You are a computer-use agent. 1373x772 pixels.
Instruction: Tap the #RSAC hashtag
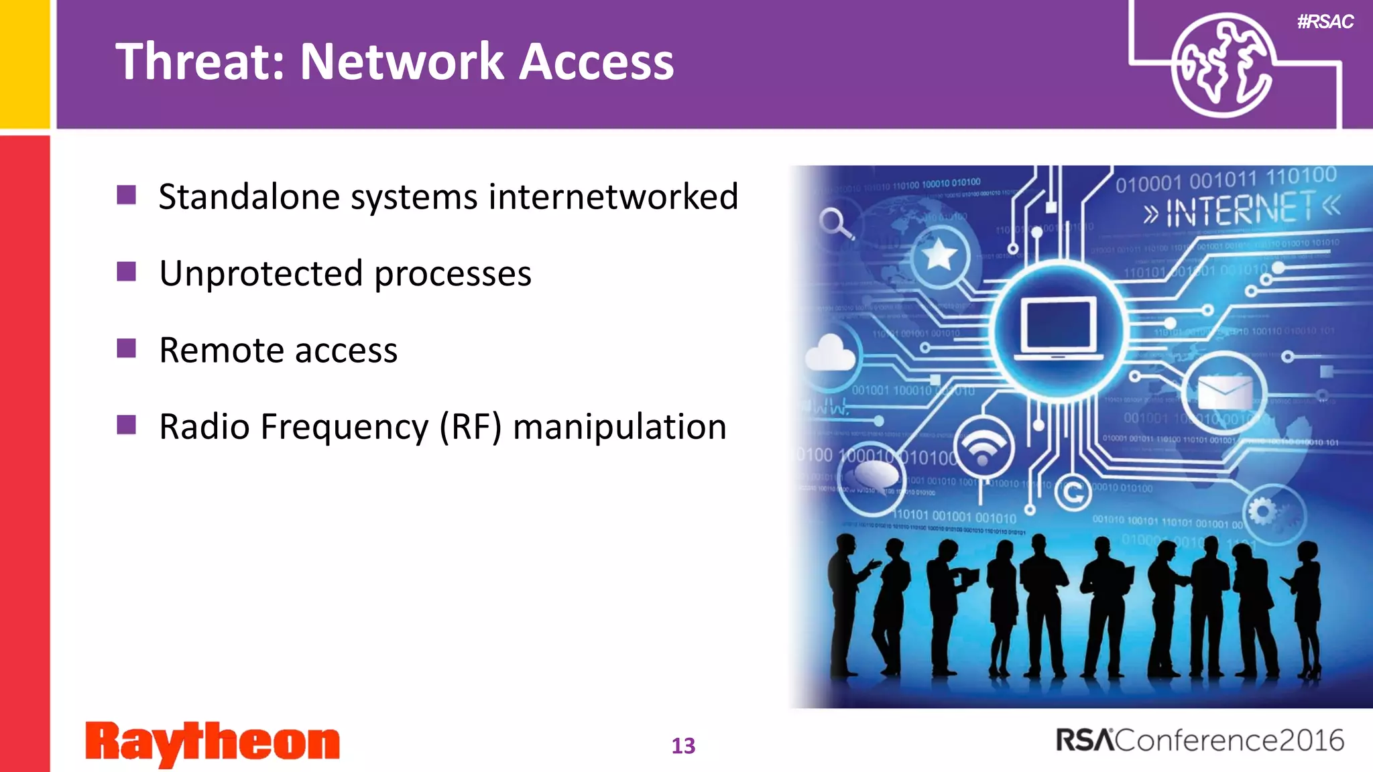pyautogui.click(x=1325, y=22)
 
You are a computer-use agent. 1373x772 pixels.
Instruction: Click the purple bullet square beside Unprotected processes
pyautogui.click(x=126, y=272)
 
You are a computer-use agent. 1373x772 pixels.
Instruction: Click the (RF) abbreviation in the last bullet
pyautogui.click(x=470, y=427)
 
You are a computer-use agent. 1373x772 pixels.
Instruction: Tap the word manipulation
pyautogui.click(x=619, y=427)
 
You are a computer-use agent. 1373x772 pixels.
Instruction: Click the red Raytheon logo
pyautogui.click(x=213, y=743)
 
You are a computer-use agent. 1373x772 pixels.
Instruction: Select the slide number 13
pyautogui.click(x=683, y=746)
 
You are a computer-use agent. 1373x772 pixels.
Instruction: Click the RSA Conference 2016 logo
pyautogui.click(x=1199, y=741)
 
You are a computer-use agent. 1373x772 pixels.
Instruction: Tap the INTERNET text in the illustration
pyautogui.click(x=1240, y=210)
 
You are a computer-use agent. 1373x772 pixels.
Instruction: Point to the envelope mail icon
pyautogui.click(x=1224, y=392)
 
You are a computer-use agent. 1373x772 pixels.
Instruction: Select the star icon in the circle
pyautogui.click(x=939, y=255)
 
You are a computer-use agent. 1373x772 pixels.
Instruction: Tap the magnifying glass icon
pyautogui.click(x=835, y=223)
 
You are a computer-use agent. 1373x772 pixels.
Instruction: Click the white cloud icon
pyautogui.click(x=830, y=352)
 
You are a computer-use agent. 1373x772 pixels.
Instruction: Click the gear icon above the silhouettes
pyautogui.click(x=1262, y=512)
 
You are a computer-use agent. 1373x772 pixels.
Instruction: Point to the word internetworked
pyautogui.click(x=613, y=197)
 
